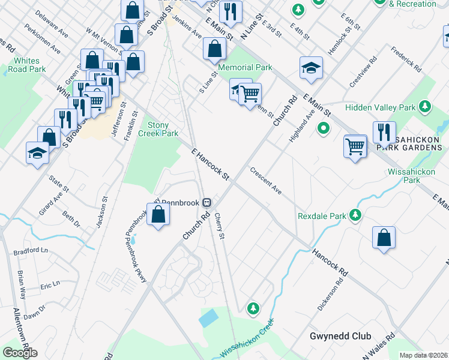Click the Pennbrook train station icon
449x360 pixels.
206,203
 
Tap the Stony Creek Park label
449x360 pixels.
162,129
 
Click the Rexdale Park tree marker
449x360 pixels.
356,215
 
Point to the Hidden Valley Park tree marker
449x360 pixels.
425,107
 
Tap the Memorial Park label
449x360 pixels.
245,67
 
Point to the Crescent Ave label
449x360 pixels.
266,181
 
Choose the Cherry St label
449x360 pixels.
219,226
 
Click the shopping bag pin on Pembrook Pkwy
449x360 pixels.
158,215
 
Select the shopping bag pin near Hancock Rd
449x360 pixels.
384,238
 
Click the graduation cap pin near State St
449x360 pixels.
37,152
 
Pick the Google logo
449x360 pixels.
20,352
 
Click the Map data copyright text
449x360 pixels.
424,355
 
